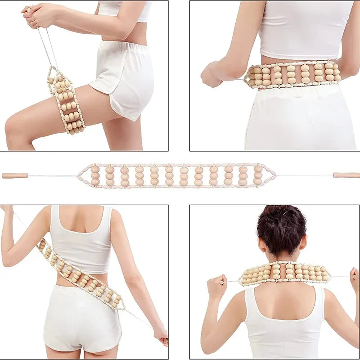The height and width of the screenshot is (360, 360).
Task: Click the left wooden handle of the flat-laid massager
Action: pyautogui.click(x=14, y=175)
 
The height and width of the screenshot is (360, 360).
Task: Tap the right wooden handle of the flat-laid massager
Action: pyautogui.click(x=346, y=175)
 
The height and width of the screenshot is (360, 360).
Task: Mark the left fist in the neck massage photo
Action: pyautogui.click(x=216, y=285)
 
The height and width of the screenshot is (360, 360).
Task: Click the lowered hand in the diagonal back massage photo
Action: pyautogui.click(x=161, y=335)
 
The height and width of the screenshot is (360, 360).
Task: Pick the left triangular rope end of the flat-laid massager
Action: pyautogui.click(x=84, y=175)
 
